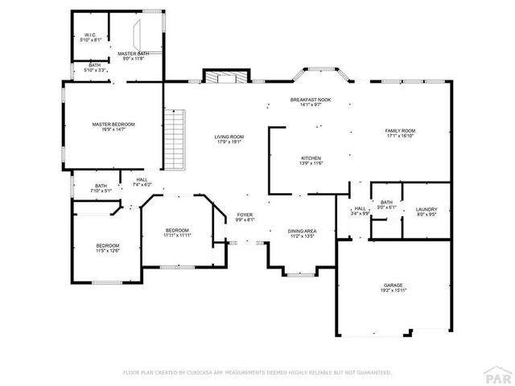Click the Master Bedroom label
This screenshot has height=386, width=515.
tap(113, 127)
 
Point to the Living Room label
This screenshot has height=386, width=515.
tap(229, 140)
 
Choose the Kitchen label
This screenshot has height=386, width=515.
tap(311, 161)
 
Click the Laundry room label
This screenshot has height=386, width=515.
tap(426, 212)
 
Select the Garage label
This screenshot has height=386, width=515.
tap(393, 288)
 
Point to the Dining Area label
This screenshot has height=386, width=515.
tap(302, 234)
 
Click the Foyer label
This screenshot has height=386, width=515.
tap(245, 217)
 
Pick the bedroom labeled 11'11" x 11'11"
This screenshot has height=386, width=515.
tap(176, 232)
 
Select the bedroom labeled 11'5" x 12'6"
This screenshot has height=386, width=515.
tap(108, 248)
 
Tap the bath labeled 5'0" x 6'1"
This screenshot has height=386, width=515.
tap(386, 205)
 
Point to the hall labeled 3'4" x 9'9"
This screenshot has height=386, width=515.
tap(359, 212)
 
